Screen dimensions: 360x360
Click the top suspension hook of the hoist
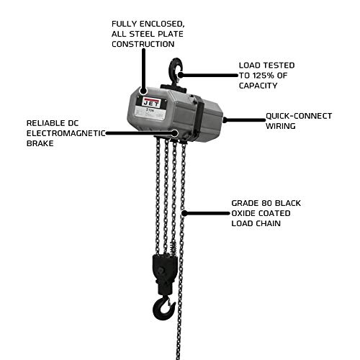174,70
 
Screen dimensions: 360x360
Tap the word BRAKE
41,144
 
